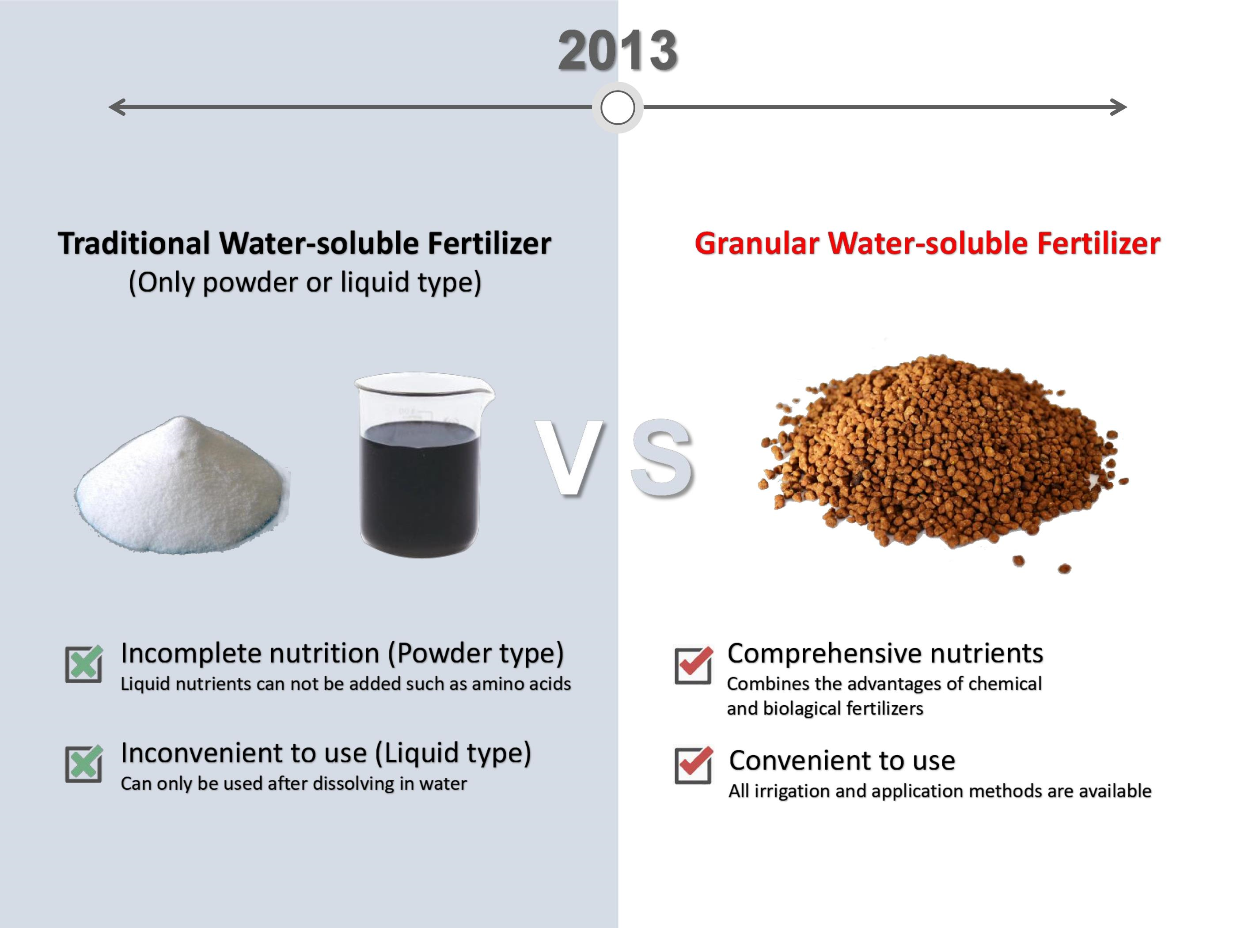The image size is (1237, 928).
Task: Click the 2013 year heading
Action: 618,51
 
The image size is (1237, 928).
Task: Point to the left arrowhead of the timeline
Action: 116,107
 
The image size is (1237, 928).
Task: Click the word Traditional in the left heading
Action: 134,243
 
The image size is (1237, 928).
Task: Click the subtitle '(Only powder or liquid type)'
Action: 305,282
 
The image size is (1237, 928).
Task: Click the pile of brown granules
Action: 942,456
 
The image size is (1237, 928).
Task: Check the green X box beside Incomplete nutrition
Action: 84,664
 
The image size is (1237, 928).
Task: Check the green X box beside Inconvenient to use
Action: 84,764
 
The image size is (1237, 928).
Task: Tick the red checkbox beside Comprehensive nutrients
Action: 694,665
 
